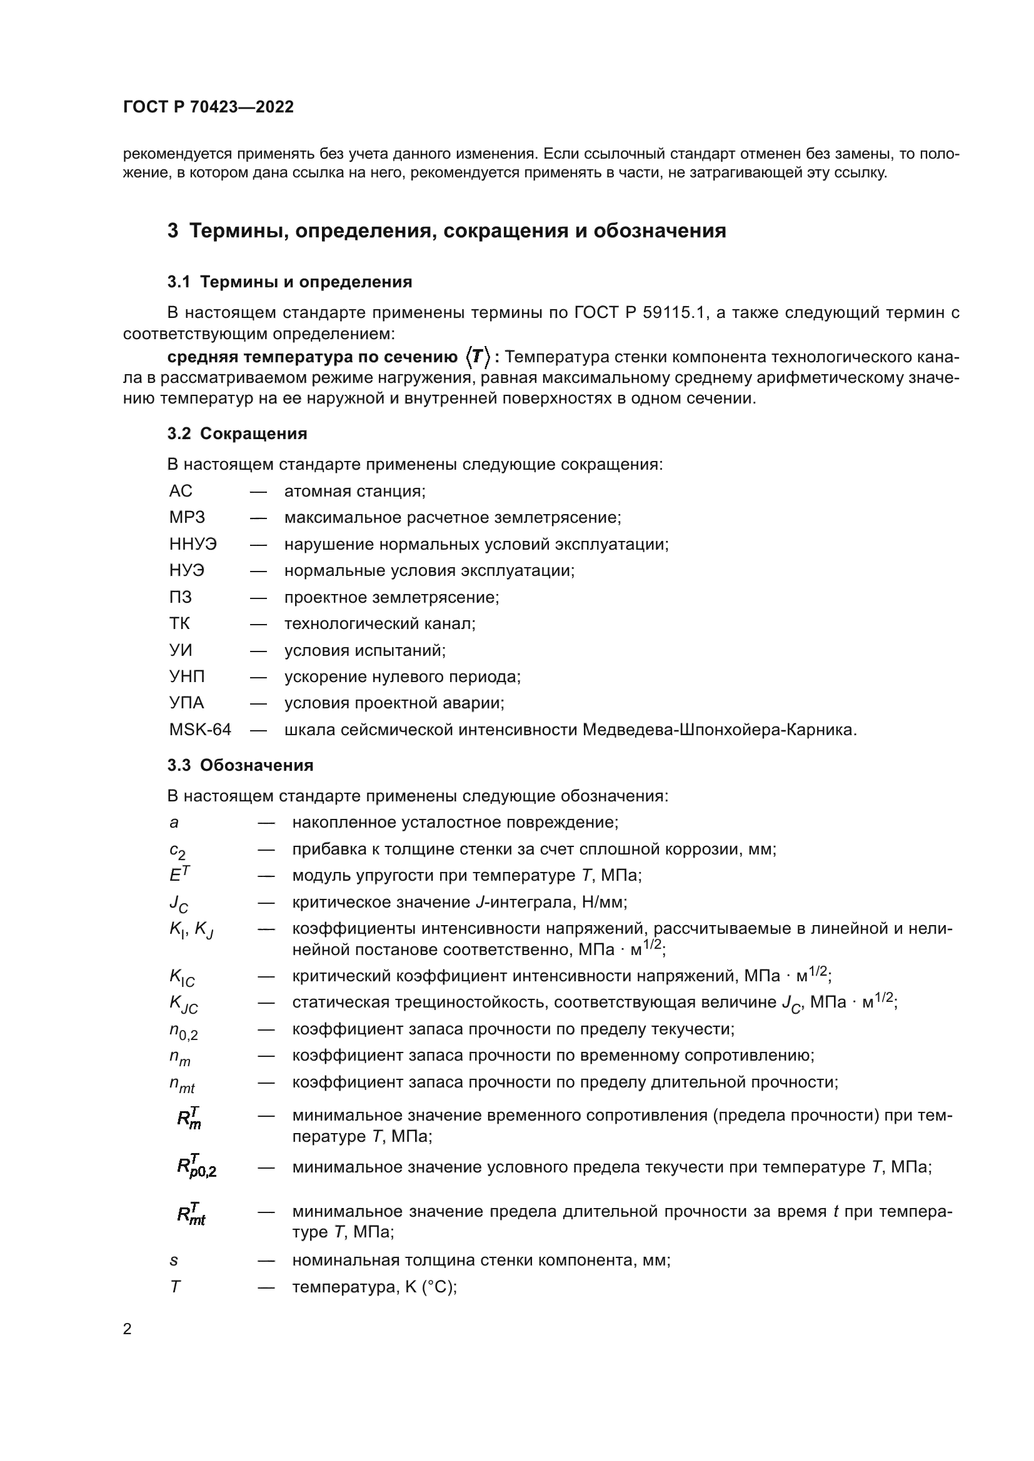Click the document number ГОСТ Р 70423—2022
[x=208, y=107]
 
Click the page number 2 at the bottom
[x=128, y=1329]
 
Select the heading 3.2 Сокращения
[x=237, y=433]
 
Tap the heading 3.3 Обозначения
[x=240, y=765]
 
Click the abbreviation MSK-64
[x=200, y=729]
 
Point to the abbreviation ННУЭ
[x=193, y=544]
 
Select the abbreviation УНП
[x=187, y=676]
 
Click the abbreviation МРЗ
[x=187, y=517]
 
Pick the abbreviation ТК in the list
[x=179, y=623]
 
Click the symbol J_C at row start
[x=178, y=904]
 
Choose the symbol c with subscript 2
[x=177, y=851]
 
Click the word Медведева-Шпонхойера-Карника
[x=720, y=729]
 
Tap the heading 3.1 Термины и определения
[x=289, y=282]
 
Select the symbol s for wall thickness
[x=174, y=1260]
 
